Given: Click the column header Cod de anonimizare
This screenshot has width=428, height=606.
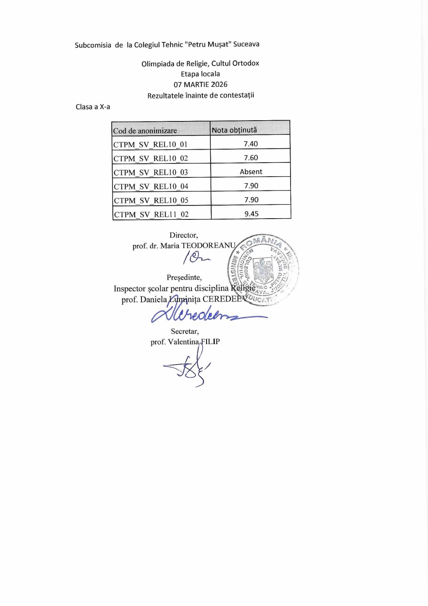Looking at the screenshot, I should [x=145, y=131].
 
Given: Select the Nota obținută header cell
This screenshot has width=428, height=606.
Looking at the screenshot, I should [x=234, y=130].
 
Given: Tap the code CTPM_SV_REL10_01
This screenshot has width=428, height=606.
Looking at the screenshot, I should [x=150, y=144].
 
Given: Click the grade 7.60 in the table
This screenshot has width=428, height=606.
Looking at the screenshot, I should [x=251, y=158].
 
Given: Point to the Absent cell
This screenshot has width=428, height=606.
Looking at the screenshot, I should [x=251, y=172].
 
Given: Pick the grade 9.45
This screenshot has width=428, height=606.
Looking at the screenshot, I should [x=251, y=214].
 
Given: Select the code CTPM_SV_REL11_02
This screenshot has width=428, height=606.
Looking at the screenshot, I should [x=151, y=214].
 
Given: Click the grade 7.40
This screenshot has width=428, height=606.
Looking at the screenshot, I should [x=250, y=144].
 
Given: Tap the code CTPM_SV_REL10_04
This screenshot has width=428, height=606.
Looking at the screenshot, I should [x=151, y=187].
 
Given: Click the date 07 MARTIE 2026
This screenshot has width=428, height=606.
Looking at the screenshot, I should [x=201, y=84].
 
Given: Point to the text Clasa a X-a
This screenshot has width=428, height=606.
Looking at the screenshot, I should [x=93, y=107].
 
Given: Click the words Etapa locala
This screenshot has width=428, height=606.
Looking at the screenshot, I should [x=200, y=74].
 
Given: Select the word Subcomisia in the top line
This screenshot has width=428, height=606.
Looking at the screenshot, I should [x=93, y=45].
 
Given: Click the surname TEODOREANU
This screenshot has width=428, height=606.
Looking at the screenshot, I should [x=208, y=245].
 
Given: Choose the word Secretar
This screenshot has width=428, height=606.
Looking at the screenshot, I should [x=185, y=331].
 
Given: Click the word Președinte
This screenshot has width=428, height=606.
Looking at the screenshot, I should [x=184, y=277].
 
